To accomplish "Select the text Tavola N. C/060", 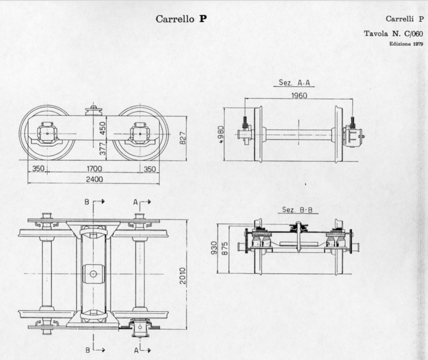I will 394,34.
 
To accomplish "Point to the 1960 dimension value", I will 299,95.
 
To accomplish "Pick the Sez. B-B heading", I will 297,210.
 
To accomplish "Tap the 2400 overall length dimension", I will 94,179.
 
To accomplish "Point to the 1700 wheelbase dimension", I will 94,169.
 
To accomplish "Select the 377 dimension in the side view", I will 102,150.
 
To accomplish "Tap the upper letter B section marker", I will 87,202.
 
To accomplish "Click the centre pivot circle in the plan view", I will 93,274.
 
